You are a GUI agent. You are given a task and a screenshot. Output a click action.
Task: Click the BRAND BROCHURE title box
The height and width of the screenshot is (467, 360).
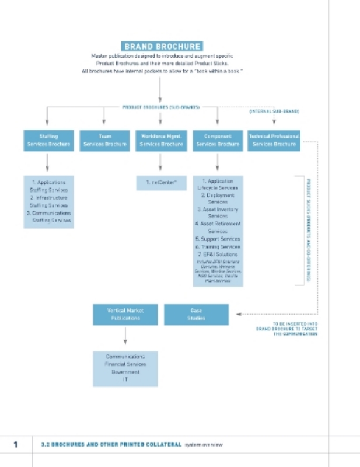pos(162,46)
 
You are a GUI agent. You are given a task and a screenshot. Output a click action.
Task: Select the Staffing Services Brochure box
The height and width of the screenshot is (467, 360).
pos(48,140)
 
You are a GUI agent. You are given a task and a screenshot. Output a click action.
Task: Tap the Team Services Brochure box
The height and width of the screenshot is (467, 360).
pos(105,140)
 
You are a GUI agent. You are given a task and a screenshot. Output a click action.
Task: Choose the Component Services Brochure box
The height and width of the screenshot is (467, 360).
pos(218,140)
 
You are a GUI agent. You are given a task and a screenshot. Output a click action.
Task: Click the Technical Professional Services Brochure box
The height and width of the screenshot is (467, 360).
pos(274,140)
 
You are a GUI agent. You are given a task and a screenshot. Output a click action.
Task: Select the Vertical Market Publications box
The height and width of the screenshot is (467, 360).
pos(125,314)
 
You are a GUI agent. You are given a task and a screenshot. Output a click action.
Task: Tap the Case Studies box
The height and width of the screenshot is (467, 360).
pos(197,314)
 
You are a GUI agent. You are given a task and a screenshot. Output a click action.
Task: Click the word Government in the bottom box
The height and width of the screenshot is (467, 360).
pos(125,372)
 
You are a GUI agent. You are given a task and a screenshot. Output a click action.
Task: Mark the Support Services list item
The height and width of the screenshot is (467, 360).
pos(218,239)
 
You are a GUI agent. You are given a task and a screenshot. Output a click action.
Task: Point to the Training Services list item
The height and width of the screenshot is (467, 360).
pos(218,247)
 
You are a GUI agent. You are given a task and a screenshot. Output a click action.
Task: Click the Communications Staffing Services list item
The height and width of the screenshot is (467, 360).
pos(48,217)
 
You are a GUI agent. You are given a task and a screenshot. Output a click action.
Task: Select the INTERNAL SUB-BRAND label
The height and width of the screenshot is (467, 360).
pos(274,111)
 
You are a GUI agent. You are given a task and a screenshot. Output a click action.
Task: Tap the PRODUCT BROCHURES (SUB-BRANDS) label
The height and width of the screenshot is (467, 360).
pos(162,107)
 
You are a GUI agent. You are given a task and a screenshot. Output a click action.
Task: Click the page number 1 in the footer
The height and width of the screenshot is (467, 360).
pos(16,444)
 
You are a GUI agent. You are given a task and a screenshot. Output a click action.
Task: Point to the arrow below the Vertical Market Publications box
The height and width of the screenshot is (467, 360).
pos(125,336)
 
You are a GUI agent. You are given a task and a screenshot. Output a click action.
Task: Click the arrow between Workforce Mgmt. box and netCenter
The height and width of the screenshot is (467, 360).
pos(160,162)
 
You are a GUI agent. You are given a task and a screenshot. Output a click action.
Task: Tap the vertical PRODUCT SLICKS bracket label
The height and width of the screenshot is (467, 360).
pos(307,229)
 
